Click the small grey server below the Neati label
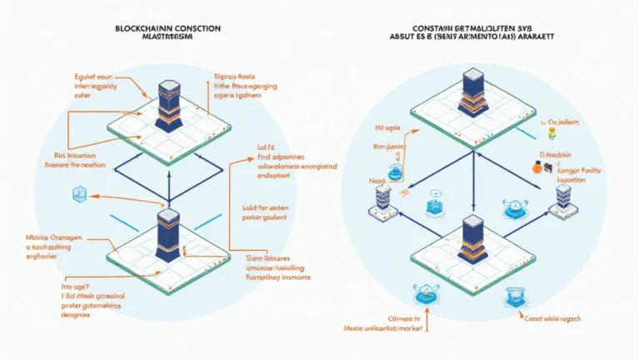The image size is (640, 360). (x=383, y=200)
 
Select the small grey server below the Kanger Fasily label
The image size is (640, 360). (x=563, y=197)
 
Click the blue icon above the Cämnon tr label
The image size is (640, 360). (x=426, y=294)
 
